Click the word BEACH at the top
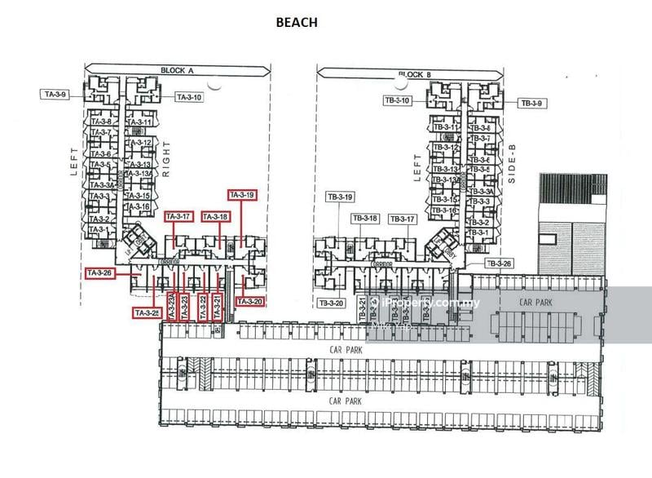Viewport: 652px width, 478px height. click(297, 23)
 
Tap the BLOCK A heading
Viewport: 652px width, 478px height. click(177, 71)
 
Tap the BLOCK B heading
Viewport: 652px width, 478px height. click(413, 75)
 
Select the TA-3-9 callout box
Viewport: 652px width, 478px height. click(54, 95)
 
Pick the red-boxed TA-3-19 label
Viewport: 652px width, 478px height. click(242, 195)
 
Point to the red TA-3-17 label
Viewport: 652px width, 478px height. click(178, 216)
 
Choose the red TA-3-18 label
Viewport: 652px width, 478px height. click(214, 216)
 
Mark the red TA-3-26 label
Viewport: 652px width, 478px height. click(101, 272)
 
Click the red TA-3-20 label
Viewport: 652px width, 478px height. click(249, 301)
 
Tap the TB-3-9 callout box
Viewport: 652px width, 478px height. click(531, 103)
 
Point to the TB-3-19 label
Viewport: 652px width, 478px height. click(339, 197)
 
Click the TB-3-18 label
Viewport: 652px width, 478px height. click(364, 218)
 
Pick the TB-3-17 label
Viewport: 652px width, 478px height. click(402, 219)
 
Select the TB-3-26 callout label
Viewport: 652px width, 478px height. click(499, 263)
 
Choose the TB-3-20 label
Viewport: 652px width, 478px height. click(332, 303)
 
